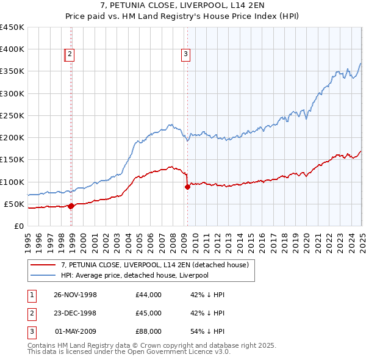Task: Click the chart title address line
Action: [x=182, y=7]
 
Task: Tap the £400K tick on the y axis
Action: [x=12, y=49]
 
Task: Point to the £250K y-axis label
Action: [x=12, y=115]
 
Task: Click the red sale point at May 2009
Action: [x=187, y=187]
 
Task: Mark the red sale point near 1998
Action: [x=71, y=206]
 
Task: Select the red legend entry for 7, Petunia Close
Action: [x=154, y=265]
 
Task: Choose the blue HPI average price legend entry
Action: [x=134, y=276]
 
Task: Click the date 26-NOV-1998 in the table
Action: [x=75, y=295]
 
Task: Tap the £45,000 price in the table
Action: [x=148, y=313]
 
